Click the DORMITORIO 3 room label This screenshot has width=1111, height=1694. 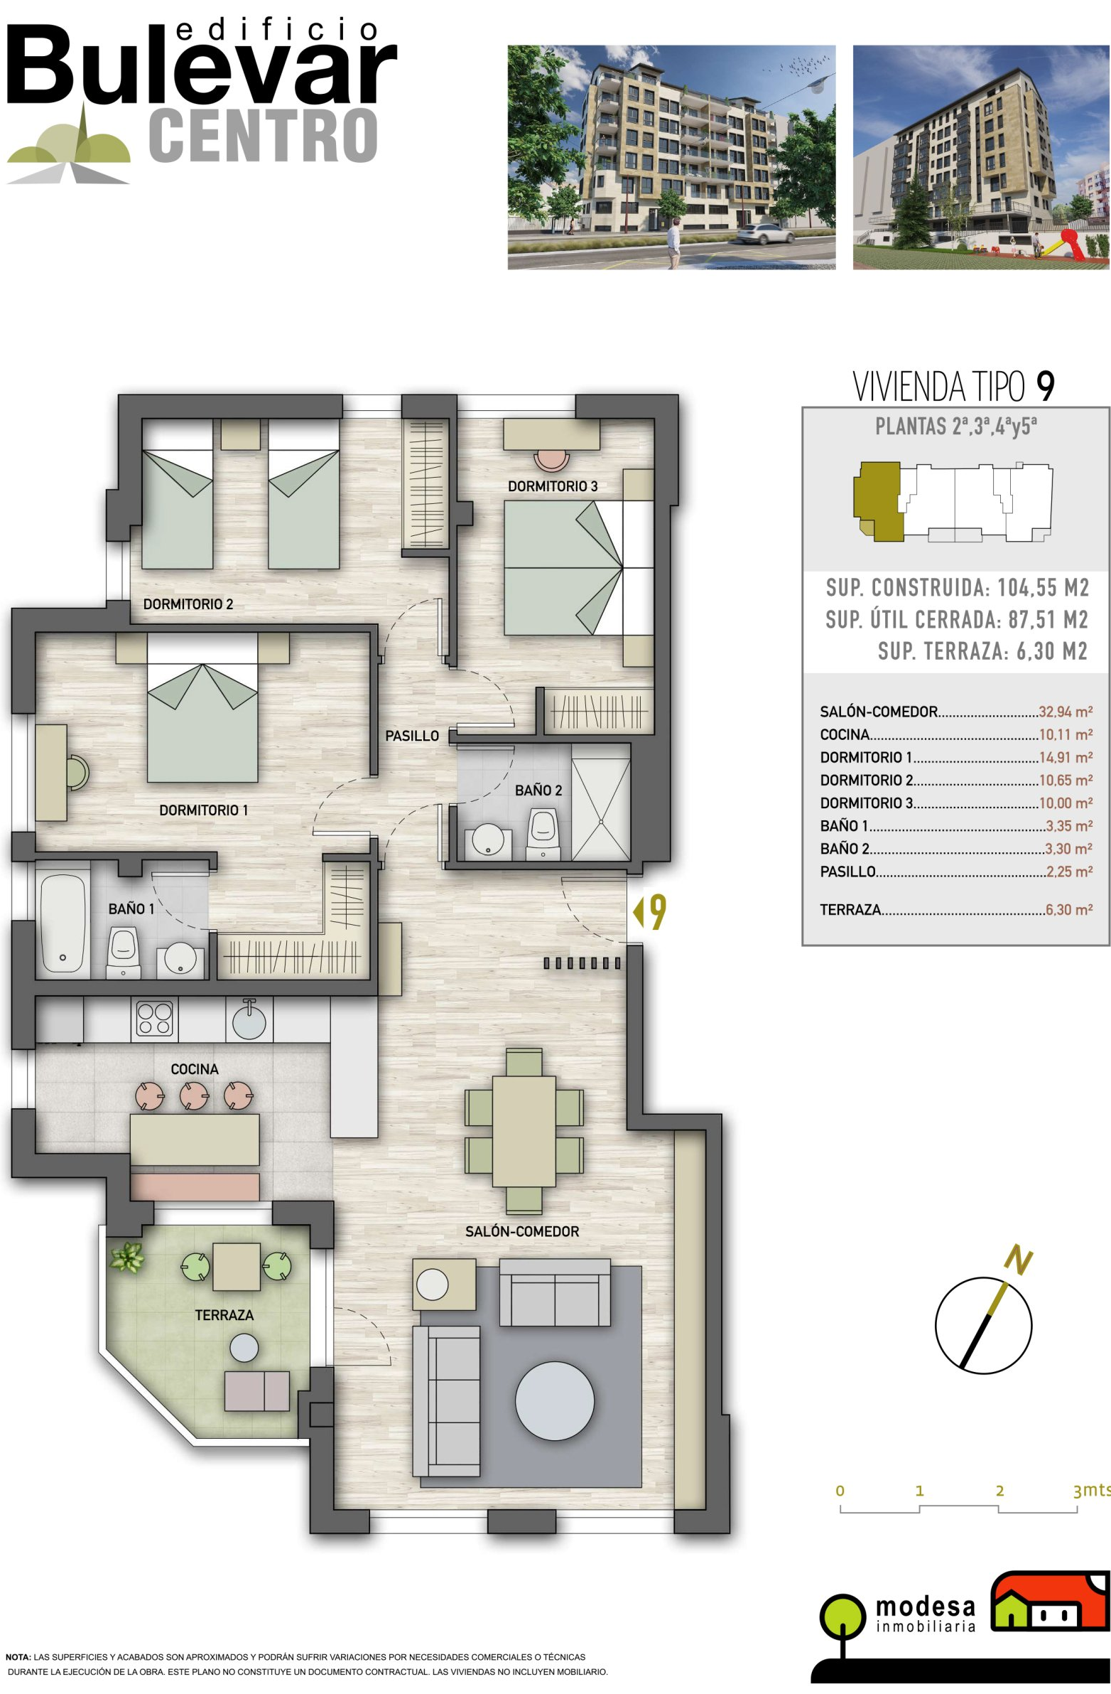pos(552,486)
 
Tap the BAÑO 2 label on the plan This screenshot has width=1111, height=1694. pos(538,790)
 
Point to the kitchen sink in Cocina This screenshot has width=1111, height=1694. pos(249,1019)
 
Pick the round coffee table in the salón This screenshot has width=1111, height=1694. pos(554,1400)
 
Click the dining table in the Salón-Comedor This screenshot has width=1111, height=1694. pos(524,1131)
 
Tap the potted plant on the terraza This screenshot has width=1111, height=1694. pos(127,1255)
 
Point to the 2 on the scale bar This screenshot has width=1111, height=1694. pos(999,1491)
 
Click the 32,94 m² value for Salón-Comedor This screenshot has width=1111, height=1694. pos(1065,712)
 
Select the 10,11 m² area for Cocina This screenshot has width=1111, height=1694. pos(1066,734)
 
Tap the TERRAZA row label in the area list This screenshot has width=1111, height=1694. pos(850,910)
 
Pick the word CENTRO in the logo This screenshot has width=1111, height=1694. pos(263,136)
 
